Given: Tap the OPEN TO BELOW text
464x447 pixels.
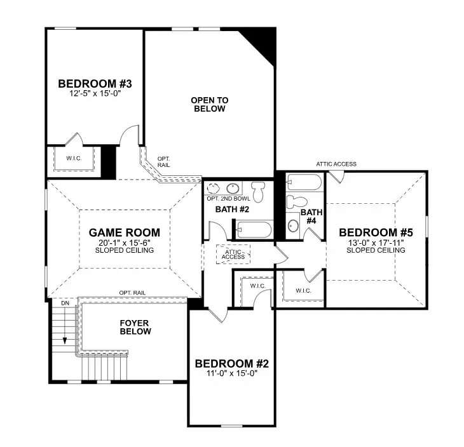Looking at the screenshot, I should coord(209,104).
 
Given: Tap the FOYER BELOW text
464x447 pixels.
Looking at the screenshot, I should coord(135,327).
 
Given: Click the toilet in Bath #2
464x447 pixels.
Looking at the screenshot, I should coord(257,190).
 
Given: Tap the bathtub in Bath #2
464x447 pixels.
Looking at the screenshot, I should coord(253,228).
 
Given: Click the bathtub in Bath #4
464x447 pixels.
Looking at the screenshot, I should coord(304,182).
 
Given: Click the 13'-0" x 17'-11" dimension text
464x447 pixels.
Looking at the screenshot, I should coord(376,242).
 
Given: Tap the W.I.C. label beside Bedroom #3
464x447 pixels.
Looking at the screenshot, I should coord(74,159).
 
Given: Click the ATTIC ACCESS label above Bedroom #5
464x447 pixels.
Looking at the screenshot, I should coord(336,164).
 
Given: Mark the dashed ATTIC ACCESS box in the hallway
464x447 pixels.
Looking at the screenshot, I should coord(233,254).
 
